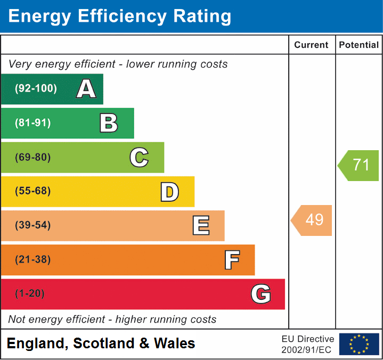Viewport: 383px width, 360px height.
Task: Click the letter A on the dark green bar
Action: pyautogui.click(x=86, y=89)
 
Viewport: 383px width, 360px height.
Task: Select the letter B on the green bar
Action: pyautogui.click(x=109, y=123)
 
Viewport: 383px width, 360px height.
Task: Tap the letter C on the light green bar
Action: pyautogui.click(x=139, y=157)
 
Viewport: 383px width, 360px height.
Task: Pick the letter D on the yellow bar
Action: pyautogui.click(x=169, y=192)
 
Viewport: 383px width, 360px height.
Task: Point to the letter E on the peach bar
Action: pyautogui.click(x=200, y=226)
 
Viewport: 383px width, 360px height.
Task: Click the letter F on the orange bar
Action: pyautogui.click(x=231, y=260)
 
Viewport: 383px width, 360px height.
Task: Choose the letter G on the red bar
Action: pyautogui.click(x=261, y=294)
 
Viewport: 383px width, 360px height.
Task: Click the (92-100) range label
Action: pyautogui.click(x=36, y=89)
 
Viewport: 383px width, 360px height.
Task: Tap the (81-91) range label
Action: pyautogui.click(x=33, y=123)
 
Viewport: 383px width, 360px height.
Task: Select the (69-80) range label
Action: pyautogui.click(x=33, y=157)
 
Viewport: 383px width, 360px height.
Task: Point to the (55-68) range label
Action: pyautogui.click(x=33, y=191)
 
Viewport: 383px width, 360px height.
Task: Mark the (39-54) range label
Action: pyautogui.click(x=33, y=225)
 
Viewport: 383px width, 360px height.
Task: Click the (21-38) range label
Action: pyautogui.click(x=33, y=260)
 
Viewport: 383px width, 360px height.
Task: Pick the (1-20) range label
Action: pyautogui.click(x=30, y=294)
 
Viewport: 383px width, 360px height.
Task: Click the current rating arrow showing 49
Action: pyautogui.click(x=312, y=220)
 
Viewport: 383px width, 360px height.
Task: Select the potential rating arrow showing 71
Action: pyautogui.click(x=359, y=165)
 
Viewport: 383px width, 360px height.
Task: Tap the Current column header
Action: pyautogui.click(x=312, y=45)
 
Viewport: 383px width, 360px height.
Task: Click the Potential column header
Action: pyautogui.click(x=359, y=45)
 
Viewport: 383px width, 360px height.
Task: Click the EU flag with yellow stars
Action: pyautogui.click(x=359, y=344)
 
